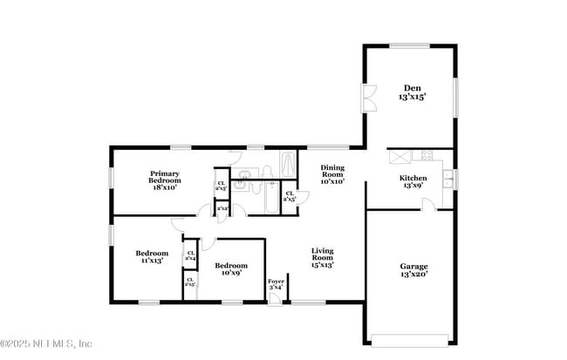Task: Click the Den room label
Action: coord(413,92)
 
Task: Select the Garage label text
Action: coord(413,269)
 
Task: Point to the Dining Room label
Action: coord(332,174)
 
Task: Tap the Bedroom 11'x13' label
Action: coord(152,256)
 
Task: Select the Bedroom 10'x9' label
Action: coord(231,268)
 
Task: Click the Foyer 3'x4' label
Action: coord(276,284)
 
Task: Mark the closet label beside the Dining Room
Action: coord(290,196)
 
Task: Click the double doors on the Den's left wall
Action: coord(369,97)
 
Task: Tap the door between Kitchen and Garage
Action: coord(428,205)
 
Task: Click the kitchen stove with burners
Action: coord(427,155)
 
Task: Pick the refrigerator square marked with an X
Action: coord(400,156)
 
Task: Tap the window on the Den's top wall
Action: coord(408,46)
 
